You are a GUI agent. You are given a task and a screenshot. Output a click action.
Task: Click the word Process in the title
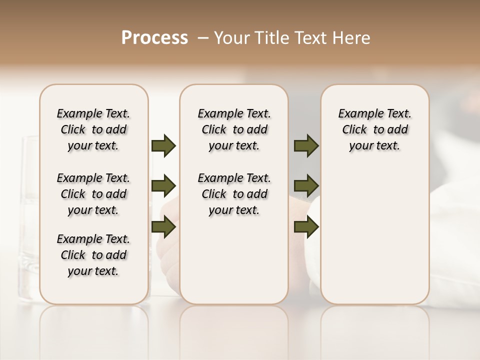click(x=154, y=38)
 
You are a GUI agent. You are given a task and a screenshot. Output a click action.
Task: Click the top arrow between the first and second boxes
click(x=163, y=146)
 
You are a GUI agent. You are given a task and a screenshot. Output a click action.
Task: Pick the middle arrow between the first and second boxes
click(x=163, y=186)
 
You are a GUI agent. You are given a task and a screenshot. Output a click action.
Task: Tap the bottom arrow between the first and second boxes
click(x=163, y=227)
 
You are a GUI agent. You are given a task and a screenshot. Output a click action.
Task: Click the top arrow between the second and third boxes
click(x=306, y=146)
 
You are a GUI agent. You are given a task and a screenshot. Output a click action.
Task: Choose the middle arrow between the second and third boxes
click(x=306, y=186)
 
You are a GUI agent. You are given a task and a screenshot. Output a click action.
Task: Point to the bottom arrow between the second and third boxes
click(x=306, y=227)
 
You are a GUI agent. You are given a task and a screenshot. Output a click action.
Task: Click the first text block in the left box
click(x=93, y=129)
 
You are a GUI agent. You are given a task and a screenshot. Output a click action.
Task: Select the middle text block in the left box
click(x=93, y=194)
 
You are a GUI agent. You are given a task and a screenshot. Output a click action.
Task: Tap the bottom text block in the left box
click(x=93, y=255)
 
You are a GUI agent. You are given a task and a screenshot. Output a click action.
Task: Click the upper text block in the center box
click(x=234, y=129)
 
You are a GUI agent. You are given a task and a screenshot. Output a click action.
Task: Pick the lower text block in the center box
click(x=234, y=194)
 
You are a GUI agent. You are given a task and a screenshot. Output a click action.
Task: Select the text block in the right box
click(x=374, y=129)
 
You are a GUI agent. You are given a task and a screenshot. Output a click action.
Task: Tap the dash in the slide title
click(x=203, y=38)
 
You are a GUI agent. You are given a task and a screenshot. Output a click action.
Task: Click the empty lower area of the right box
click(x=374, y=235)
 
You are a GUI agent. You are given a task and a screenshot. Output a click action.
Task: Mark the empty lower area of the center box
click(x=234, y=260)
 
